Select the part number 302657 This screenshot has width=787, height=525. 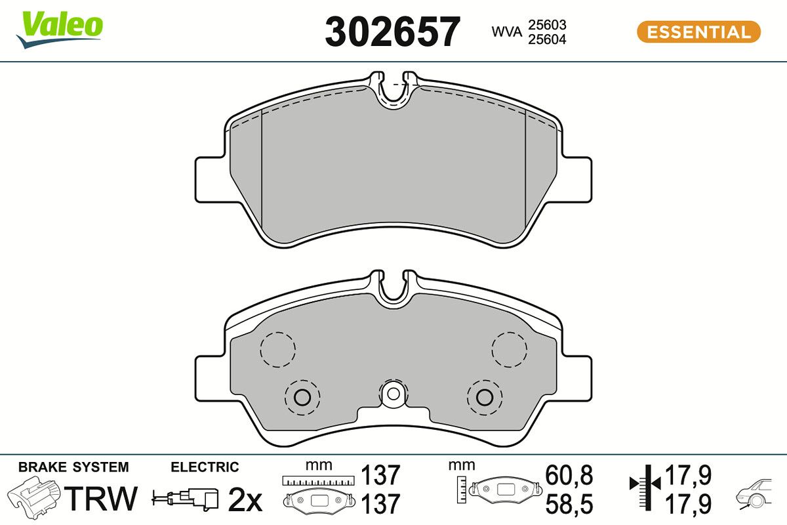[392, 31]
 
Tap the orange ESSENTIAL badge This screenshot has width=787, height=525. [698, 32]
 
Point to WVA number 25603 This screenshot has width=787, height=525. [548, 25]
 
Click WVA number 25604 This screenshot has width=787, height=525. [548, 39]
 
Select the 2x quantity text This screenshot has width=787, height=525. [244, 501]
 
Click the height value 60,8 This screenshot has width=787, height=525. [569, 474]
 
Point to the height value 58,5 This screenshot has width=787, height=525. [569, 503]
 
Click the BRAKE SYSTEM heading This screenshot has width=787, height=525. [73, 467]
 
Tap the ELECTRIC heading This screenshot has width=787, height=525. [205, 467]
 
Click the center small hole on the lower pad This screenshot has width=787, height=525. [393, 394]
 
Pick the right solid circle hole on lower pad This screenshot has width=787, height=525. [484, 396]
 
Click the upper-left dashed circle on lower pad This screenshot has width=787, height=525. [278, 349]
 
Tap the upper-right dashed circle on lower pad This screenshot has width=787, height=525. [510, 349]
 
